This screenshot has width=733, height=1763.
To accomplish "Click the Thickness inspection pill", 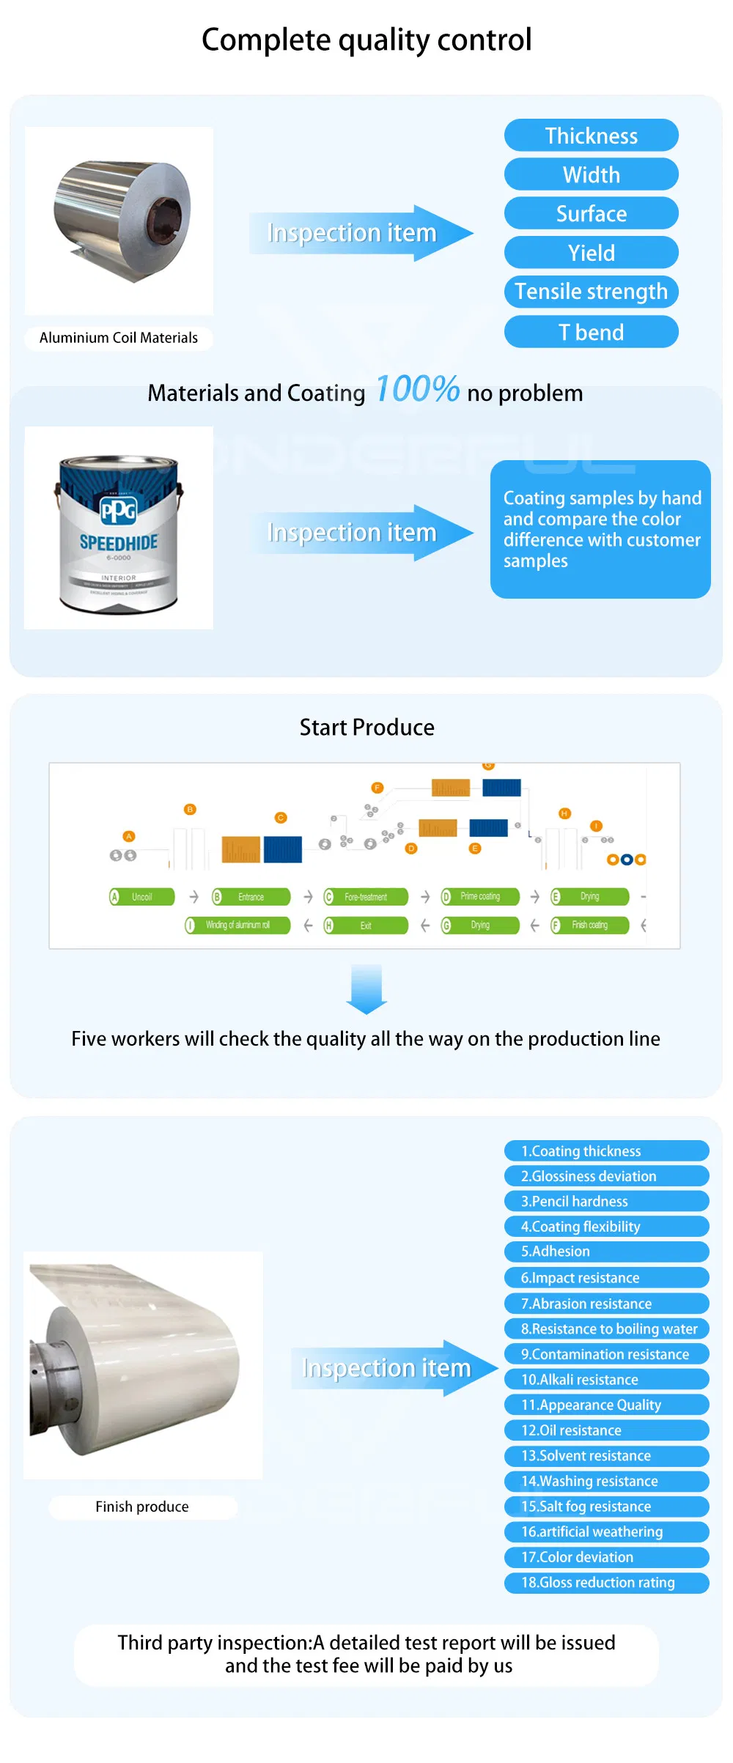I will tap(591, 136).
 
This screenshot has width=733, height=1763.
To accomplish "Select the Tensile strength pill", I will tap(591, 292).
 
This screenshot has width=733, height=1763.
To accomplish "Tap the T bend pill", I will tap(591, 332).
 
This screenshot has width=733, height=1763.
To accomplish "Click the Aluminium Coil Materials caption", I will tap(119, 338).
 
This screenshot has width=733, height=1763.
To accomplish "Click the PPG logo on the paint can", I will tap(118, 510).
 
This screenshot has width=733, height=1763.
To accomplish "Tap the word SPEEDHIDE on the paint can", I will tap(119, 542).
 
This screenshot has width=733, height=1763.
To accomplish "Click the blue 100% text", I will tap(417, 389).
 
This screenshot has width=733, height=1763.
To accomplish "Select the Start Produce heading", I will tap(366, 727).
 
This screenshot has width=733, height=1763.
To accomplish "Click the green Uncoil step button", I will tap(142, 897).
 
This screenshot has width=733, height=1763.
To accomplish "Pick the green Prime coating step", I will tap(480, 897).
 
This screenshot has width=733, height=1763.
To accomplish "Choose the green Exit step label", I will tap(366, 925).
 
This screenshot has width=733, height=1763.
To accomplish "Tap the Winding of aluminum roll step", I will tap(237, 925).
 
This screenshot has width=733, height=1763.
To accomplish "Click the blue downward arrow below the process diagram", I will tap(366, 989).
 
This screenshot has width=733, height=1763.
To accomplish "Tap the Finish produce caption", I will tap(142, 1507).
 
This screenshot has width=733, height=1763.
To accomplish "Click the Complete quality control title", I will tap(366, 40).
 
